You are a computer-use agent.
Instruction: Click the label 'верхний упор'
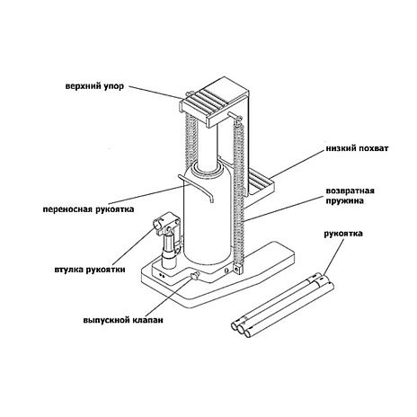point(94,86)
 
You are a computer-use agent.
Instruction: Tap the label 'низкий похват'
point(357,148)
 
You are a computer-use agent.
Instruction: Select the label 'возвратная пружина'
point(350,196)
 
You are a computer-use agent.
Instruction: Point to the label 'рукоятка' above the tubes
point(343,234)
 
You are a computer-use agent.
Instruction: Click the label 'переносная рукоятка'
point(88,209)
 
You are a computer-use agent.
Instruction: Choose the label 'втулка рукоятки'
point(90,270)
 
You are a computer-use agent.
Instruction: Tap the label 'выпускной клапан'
point(123,320)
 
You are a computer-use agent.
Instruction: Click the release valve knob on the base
point(196,276)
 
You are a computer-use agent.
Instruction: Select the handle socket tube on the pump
point(166,225)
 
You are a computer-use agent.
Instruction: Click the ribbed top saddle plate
point(213,101)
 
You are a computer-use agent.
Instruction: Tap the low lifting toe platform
point(262,183)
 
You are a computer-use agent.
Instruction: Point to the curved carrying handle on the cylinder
point(196,186)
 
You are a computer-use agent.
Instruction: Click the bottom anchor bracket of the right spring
point(238,269)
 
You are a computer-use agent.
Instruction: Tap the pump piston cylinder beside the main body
point(169,251)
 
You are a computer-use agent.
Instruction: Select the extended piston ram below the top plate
point(208,144)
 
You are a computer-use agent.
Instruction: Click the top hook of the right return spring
point(237,119)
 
